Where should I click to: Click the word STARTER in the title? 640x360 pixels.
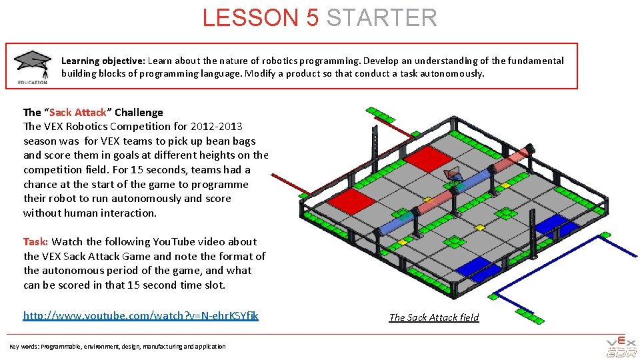pos(381,17)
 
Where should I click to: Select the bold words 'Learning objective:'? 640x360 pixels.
pos(103,61)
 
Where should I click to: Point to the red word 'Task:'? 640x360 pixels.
pos(35,241)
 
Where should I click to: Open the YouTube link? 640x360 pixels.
pos(141,315)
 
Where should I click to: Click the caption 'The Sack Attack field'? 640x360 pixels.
pos(434,317)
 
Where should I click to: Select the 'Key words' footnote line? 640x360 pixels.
pos(117,346)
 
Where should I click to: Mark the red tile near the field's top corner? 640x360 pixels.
pos(428,159)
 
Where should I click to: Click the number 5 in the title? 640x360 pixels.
pos(313,17)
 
